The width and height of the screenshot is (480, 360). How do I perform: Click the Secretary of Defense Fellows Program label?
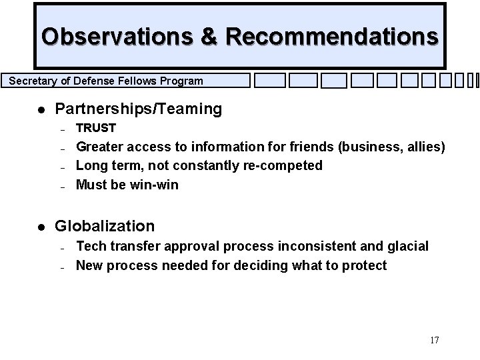click(106, 81)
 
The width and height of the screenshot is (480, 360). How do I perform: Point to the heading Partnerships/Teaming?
click(139, 109)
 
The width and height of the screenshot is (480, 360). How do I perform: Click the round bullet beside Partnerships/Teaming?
click(41, 109)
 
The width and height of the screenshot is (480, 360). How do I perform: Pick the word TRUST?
click(96, 128)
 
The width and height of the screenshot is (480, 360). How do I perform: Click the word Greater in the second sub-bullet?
click(100, 147)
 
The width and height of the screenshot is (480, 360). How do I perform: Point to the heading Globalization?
click(105, 226)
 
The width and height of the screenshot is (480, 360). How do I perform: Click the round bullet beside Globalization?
click(41, 227)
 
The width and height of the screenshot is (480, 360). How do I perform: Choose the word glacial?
click(406, 247)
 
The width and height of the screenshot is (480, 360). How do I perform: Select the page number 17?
click(434, 341)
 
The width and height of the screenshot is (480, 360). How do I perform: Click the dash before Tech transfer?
click(61, 247)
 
